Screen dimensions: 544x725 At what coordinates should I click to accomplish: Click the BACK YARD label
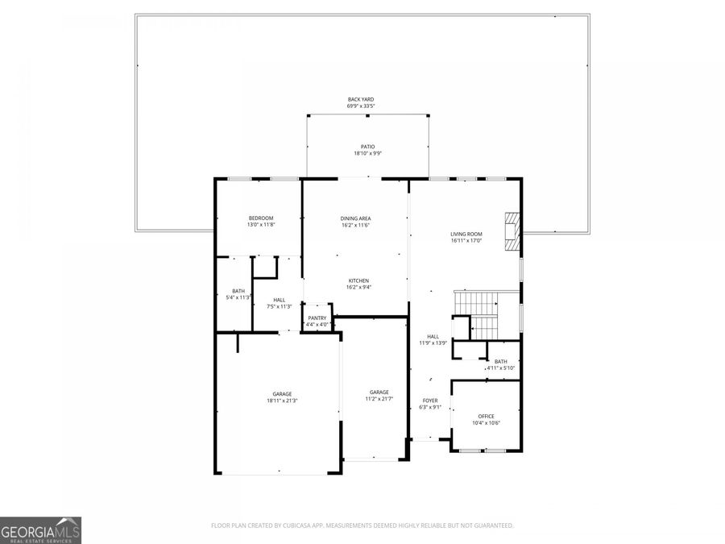pos(361,99)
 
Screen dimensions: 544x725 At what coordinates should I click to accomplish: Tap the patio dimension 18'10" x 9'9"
pos(367,153)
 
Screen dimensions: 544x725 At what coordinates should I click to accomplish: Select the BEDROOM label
pos(260,218)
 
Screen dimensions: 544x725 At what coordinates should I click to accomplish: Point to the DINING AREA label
pos(355,218)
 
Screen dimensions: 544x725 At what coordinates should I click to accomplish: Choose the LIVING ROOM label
pos(466,234)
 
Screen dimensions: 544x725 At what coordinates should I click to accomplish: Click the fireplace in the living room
pos(512,232)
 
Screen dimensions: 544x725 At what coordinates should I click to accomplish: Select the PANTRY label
pos(317,318)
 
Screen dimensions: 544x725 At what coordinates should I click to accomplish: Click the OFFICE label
pos(486,416)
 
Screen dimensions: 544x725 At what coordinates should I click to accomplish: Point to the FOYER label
pos(429,400)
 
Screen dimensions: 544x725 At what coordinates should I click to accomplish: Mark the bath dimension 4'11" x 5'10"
pos(500,368)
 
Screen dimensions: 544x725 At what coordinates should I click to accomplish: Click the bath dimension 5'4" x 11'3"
pos(238,297)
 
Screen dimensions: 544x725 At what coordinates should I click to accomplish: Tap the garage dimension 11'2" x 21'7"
pos(379,399)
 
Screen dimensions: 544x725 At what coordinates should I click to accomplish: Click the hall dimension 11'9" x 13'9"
pos(433,343)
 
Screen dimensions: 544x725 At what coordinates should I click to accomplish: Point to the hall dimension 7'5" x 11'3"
pos(279,306)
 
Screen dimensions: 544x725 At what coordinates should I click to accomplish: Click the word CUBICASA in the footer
pos(292,525)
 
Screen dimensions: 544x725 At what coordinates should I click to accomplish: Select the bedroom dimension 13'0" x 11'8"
pos(260,225)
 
